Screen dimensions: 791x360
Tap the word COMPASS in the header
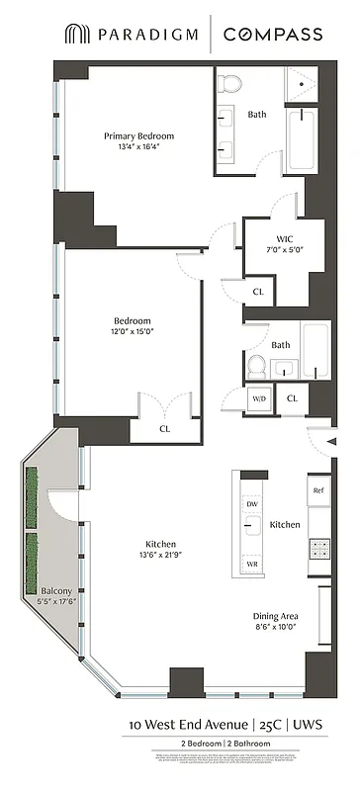click(x=272, y=35)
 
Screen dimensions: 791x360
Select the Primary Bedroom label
click(x=139, y=135)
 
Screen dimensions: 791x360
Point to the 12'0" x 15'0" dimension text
click(x=132, y=332)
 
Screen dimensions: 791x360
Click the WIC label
click(x=284, y=238)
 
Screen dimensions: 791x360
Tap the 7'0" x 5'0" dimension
click(x=284, y=249)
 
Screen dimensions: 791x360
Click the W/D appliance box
click(x=260, y=398)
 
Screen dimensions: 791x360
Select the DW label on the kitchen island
click(x=250, y=503)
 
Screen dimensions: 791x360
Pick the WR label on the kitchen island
click(x=250, y=563)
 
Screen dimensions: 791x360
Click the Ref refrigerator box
click(x=318, y=490)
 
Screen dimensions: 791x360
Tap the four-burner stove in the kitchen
click(x=319, y=544)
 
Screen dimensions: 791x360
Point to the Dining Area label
click(x=277, y=616)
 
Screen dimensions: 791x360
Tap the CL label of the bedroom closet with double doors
click(x=164, y=430)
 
